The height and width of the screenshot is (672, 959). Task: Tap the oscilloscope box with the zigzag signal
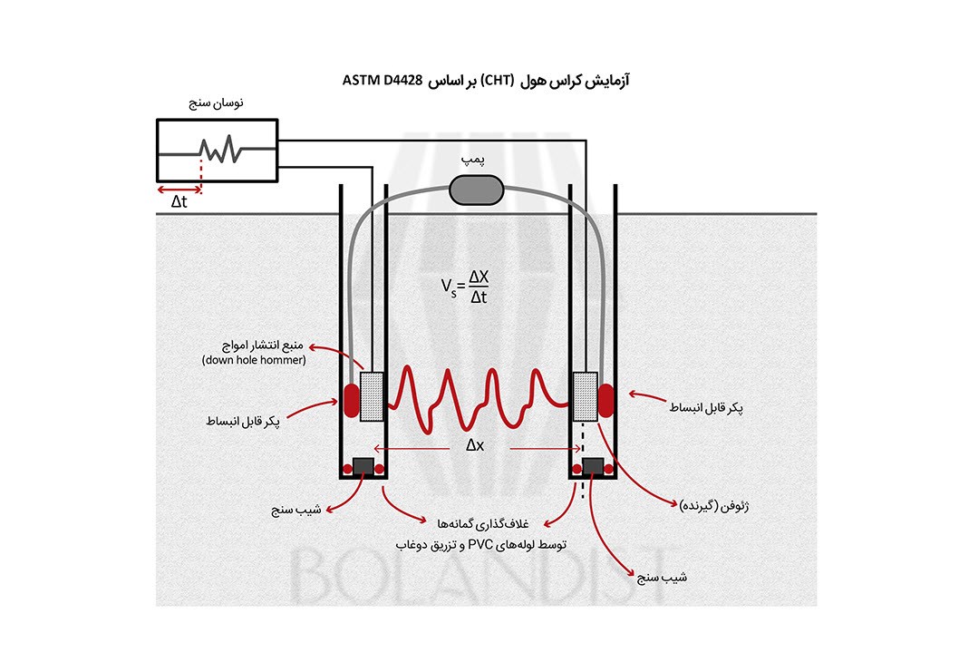[x=218, y=152]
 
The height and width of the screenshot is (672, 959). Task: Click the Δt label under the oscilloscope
[x=179, y=201]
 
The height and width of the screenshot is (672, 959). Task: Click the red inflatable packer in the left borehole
[x=350, y=396]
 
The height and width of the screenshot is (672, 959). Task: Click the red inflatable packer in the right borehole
[x=605, y=396]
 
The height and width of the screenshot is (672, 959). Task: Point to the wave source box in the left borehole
[x=373, y=396]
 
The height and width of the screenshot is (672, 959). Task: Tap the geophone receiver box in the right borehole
[x=586, y=396]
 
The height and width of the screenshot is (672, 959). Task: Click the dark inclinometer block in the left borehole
[x=363, y=465]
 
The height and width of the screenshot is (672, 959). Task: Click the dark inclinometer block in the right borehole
[x=594, y=465]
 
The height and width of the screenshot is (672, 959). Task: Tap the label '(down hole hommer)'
[x=253, y=361]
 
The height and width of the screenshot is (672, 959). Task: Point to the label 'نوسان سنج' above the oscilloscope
[x=214, y=103]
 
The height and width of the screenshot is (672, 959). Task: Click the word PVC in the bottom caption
[x=479, y=545]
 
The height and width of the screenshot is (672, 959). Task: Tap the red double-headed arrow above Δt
[x=179, y=190]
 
